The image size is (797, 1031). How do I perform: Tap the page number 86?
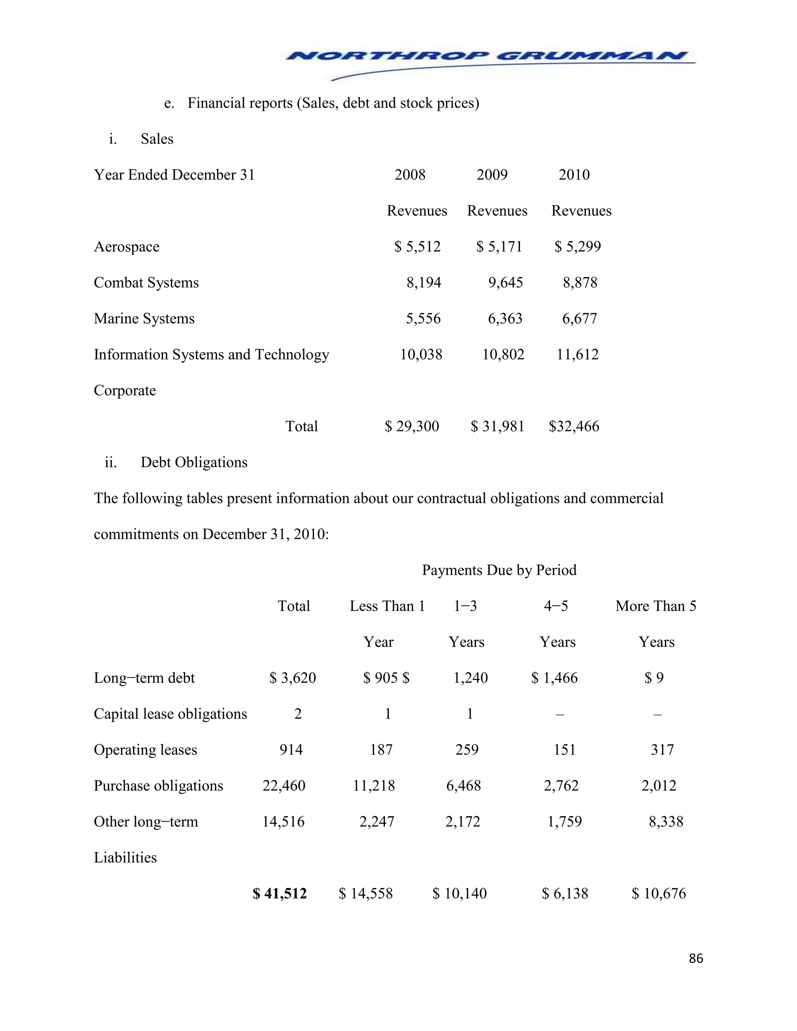point(695,958)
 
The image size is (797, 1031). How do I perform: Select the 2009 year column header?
point(492,175)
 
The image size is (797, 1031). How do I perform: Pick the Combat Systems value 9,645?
point(505,282)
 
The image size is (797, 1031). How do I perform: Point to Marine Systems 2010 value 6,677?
point(579,319)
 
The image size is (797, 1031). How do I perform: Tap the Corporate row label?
point(125,390)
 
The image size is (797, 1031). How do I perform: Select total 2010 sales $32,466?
point(574,426)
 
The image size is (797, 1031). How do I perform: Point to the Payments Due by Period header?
point(499,570)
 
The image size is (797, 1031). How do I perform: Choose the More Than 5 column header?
point(655,606)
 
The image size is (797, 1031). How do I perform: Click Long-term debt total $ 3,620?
point(292,678)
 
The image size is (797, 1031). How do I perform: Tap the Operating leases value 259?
point(467,750)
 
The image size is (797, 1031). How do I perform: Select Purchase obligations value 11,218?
point(374,786)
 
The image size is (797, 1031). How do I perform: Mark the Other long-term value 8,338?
point(666,821)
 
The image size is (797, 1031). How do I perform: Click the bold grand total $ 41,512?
point(279,893)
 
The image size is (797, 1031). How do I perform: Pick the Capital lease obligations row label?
point(170,714)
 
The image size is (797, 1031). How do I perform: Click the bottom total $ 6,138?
point(565,893)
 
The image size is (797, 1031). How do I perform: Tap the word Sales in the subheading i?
point(157,139)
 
